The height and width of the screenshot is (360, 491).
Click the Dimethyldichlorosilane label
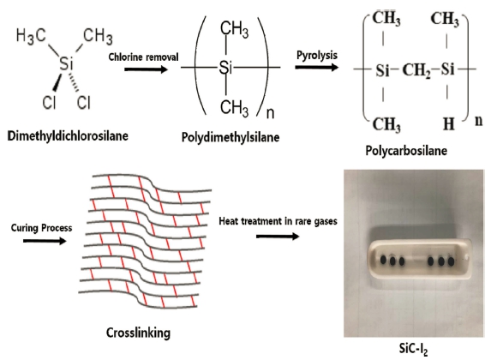68,136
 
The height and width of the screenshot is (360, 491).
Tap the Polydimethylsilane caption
231,137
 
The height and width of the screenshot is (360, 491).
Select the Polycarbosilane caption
406,151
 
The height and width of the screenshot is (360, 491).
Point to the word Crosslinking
138,333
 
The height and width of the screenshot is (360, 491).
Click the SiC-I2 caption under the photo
414,349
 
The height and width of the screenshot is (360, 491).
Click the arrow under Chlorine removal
146,69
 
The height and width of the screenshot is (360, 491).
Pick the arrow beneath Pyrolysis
316,67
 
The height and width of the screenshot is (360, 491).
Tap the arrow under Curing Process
45,241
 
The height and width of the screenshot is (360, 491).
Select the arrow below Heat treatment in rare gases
278,237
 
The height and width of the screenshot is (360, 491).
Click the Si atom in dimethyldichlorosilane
66,63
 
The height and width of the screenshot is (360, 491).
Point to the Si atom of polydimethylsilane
225,67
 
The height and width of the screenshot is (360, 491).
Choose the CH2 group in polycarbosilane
416,70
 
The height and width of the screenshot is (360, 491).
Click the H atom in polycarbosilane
449,124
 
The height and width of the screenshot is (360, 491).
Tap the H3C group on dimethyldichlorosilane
31,35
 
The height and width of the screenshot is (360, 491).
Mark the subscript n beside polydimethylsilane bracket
270,113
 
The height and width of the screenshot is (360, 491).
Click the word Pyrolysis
317,55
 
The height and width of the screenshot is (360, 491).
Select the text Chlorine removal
143,57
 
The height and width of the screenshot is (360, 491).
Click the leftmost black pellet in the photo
383,260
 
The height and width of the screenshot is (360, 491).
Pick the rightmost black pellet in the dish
451,261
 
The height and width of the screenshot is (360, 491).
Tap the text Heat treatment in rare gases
278,221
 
